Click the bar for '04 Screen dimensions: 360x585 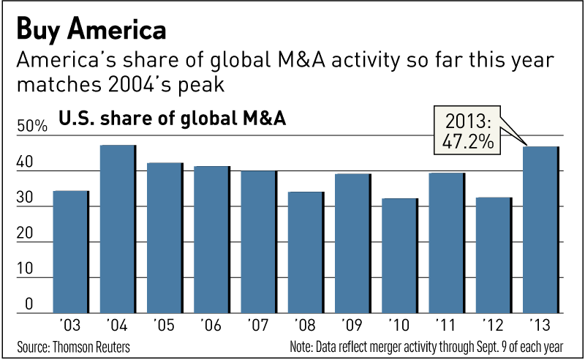pos(118,229)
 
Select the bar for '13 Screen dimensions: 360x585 pos(541,230)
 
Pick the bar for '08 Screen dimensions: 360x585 pos(306,252)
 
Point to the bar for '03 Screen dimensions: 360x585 pos(71,252)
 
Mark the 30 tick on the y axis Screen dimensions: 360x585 pos(25,198)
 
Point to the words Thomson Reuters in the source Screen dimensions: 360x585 pos(94,345)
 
